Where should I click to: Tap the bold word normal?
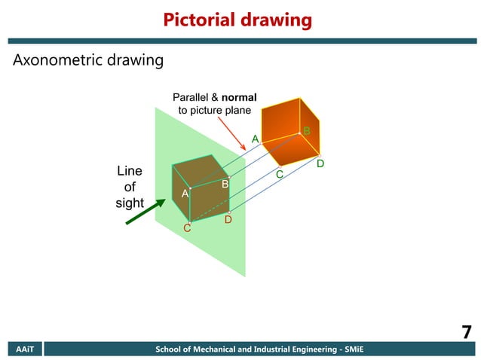click(x=239, y=98)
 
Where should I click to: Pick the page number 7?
click(x=466, y=332)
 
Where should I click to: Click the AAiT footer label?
click(x=21, y=349)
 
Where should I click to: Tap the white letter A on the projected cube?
click(x=185, y=194)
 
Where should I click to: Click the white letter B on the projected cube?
click(x=225, y=184)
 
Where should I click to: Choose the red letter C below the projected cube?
click(x=188, y=228)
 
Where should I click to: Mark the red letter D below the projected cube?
click(x=228, y=220)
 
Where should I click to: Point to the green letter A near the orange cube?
click(x=255, y=139)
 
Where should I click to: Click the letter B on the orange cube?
click(x=307, y=132)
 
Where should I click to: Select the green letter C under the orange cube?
click(x=278, y=175)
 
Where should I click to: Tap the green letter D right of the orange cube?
click(x=320, y=163)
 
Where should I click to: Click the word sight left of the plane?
click(x=129, y=203)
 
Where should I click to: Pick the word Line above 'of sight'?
click(x=130, y=171)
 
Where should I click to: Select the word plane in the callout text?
click(x=237, y=111)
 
